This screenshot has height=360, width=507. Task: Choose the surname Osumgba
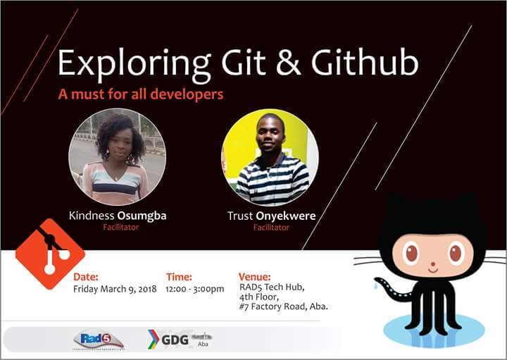[x=142, y=216]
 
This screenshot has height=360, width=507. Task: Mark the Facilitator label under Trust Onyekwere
[x=271, y=228]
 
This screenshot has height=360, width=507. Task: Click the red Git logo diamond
[x=49, y=254]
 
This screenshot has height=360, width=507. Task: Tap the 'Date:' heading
[x=86, y=277]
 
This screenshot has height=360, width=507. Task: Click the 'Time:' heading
[x=179, y=277]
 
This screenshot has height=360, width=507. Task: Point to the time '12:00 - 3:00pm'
[x=195, y=289]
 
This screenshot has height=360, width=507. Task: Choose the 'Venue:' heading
[x=255, y=277]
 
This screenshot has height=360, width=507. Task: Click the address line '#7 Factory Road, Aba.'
[x=283, y=307]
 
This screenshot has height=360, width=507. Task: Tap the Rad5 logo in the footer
[x=98, y=340]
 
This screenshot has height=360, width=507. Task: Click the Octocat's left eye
[x=411, y=252]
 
